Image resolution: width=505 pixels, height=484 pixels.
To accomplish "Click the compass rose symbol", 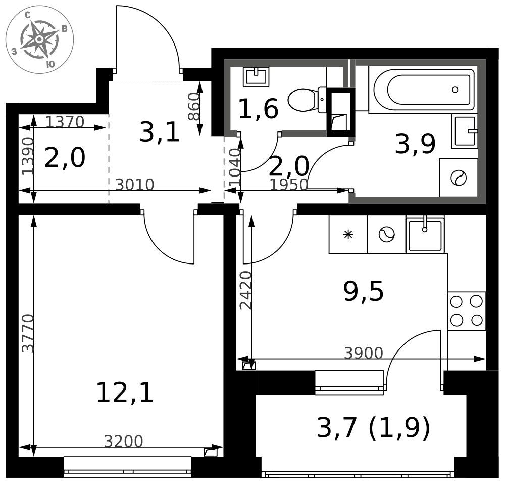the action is pos(39,39).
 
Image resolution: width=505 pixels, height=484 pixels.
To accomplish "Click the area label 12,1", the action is pos(125,392).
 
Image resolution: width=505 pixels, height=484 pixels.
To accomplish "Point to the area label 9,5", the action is pos(363,291).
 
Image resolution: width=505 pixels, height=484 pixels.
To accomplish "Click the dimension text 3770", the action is pos(28,333).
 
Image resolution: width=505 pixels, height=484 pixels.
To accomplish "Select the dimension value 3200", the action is pos(123,441).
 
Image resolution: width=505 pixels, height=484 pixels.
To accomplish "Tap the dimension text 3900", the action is pos(364,353).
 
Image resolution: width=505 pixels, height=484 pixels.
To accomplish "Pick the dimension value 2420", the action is pos(246,290).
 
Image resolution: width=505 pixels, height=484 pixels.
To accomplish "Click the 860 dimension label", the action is pos(194,106).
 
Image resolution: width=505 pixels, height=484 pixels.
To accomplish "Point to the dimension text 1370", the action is pos(65,122).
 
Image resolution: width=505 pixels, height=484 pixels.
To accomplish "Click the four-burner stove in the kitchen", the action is pos(466,311).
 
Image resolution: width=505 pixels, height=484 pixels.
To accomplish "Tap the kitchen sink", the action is pos(425,235).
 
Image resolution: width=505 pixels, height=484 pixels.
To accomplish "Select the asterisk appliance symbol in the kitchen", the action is pos(348,234).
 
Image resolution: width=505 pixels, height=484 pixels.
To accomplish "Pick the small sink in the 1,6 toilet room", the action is pos(256,77).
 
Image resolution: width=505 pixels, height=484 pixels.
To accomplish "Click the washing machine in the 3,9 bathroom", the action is pos(459,178).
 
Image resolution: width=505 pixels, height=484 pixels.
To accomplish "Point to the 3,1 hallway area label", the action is pos(159,133).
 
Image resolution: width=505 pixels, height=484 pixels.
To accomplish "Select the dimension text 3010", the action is pos(135,185).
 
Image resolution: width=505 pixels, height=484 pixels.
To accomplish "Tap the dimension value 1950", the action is pos(288,185).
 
